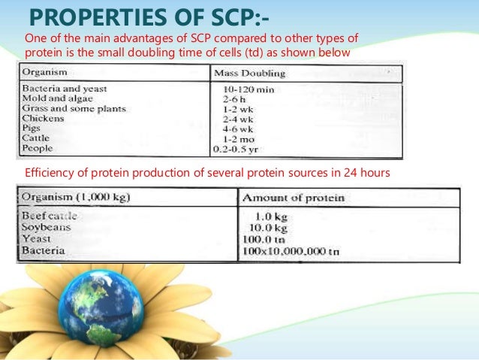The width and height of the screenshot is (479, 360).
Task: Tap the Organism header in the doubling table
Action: tap(45, 72)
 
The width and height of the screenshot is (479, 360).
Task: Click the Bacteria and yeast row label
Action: tap(61, 89)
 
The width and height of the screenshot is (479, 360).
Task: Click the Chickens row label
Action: tap(44, 118)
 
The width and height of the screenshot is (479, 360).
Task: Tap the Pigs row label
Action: tap(33, 128)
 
